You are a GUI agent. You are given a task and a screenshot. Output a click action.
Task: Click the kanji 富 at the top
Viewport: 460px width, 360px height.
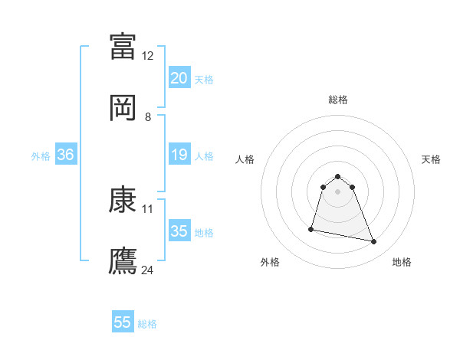tap(123, 45)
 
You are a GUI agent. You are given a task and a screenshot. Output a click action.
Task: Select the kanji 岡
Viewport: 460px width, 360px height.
tap(123, 107)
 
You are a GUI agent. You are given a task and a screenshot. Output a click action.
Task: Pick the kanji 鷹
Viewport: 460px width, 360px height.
tap(123, 260)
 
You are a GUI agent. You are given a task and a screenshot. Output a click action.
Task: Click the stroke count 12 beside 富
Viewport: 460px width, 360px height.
tap(148, 55)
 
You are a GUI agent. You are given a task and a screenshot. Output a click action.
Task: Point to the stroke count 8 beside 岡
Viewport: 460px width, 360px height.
tap(148, 117)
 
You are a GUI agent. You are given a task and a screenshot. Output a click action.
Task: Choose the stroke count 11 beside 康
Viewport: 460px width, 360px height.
tap(148, 208)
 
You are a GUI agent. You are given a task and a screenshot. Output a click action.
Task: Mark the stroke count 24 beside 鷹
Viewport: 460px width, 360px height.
tap(148, 270)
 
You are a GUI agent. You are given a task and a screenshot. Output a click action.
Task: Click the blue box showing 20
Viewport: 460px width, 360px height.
tap(179, 78)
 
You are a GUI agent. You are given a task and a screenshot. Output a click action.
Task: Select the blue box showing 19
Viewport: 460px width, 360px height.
tap(179, 155)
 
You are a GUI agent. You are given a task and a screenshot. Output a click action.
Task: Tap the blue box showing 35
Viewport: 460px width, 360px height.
tap(179, 231)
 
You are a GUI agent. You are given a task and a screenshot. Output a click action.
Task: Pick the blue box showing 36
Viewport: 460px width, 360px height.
tap(66, 155)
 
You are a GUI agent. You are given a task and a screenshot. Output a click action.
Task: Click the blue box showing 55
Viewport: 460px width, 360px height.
tap(123, 322)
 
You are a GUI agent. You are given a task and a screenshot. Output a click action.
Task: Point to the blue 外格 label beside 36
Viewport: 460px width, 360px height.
tap(41, 155)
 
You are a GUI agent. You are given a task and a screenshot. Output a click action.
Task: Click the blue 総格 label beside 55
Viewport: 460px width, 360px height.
tap(147, 324)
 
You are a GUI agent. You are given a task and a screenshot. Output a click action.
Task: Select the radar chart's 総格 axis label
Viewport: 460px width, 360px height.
tap(337, 100)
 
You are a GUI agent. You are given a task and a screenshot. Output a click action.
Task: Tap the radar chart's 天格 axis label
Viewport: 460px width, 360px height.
tap(432, 159)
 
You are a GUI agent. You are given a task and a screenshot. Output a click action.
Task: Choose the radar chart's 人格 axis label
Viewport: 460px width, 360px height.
tap(245, 159)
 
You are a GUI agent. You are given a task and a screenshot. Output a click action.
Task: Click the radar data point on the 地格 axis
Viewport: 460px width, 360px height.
tap(374, 242)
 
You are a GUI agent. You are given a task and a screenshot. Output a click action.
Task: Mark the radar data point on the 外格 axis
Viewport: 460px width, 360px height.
tap(311, 228)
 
